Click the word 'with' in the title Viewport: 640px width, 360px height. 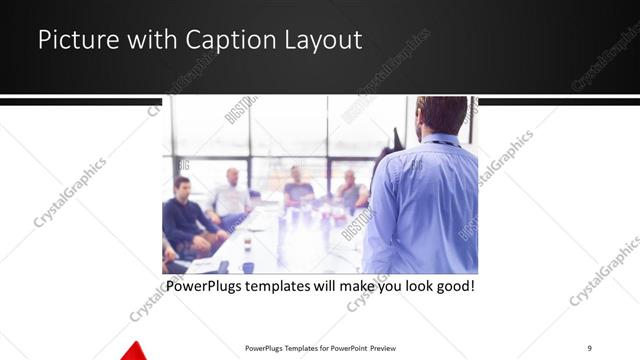coord(152,41)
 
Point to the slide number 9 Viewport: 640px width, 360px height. coord(590,347)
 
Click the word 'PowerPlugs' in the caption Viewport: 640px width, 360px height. coord(206,287)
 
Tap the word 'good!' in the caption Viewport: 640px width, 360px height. coord(452,287)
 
